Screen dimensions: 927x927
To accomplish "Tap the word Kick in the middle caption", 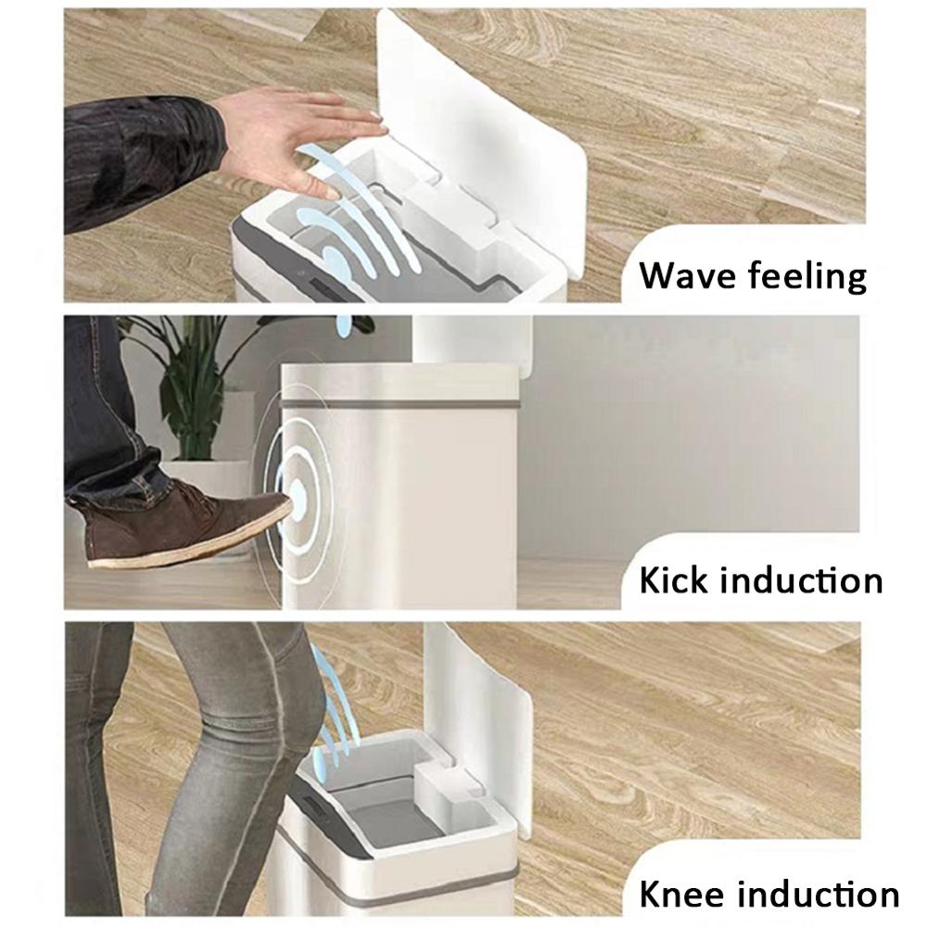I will (x=673, y=580).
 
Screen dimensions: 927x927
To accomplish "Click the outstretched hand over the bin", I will (x=297, y=134).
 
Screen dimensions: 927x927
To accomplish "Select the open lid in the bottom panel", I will (x=482, y=705).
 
